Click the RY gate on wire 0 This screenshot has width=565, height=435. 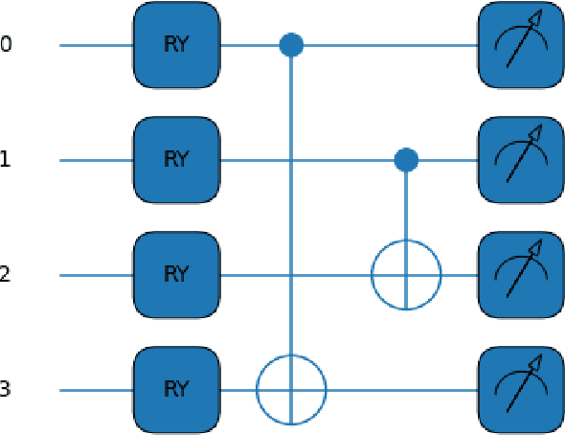(176, 45)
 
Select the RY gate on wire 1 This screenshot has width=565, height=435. (176, 160)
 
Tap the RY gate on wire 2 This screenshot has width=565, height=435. (176, 275)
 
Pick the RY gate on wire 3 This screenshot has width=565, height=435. (176, 390)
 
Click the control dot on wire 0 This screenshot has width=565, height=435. (291, 45)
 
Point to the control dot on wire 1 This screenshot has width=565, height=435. (406, 160)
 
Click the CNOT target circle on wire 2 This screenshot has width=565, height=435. (406, 275)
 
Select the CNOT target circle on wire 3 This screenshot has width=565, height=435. (291, 390)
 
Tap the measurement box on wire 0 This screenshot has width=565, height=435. (521, 45)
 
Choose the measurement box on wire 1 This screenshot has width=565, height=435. (521, 160)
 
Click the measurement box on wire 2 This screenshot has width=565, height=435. (521, 275)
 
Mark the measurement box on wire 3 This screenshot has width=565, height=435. (521, 390)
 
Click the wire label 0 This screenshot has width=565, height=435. (6, 45)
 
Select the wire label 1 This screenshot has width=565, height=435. (6, 160)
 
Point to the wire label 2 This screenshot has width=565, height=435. (6, 275)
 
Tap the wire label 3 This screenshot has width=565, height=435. (6, 390)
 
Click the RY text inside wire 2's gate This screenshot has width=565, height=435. (176, 275)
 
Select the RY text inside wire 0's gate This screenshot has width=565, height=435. (176, 45)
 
